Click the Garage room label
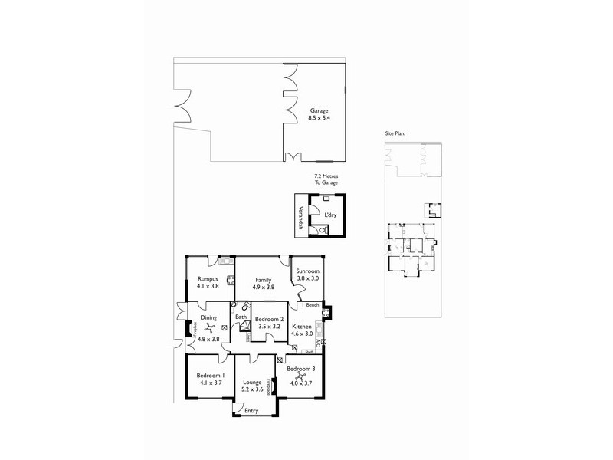[320, 110]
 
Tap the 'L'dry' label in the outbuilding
[330, 215]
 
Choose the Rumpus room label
[208, 278]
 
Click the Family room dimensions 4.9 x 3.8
[264, 287]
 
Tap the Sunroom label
[308, 271]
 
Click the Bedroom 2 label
[270, 319]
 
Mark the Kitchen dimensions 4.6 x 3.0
[303, 334]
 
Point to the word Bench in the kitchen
[312, 305]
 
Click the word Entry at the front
[251, 411]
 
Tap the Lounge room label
[253, 382]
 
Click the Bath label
[241, 317]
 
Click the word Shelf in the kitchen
[310, 351]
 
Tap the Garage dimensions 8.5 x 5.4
[320, 118]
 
